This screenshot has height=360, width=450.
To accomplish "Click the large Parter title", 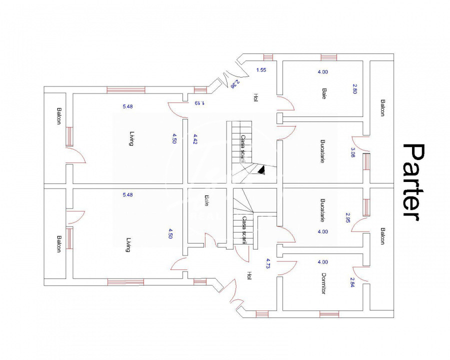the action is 413,182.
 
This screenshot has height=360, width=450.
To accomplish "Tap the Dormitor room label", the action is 323,283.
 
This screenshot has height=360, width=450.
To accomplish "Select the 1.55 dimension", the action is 261,70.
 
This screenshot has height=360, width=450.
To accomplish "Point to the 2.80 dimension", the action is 354,88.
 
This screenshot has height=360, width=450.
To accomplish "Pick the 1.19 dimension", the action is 199,103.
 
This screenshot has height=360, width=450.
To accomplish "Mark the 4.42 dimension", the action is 195,139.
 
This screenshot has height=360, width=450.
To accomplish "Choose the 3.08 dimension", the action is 353,152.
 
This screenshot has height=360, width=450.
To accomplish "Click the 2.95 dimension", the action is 348,217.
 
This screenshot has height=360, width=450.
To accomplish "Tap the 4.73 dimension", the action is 268,263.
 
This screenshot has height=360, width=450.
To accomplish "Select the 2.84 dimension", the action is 352,282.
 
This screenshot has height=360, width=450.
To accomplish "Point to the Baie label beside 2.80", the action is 324,93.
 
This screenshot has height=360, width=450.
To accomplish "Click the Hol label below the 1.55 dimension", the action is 255,97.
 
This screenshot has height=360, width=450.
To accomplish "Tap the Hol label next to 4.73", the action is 249,275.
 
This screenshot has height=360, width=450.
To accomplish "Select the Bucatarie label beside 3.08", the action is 322,151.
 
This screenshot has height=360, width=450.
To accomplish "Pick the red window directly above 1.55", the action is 268,57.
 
